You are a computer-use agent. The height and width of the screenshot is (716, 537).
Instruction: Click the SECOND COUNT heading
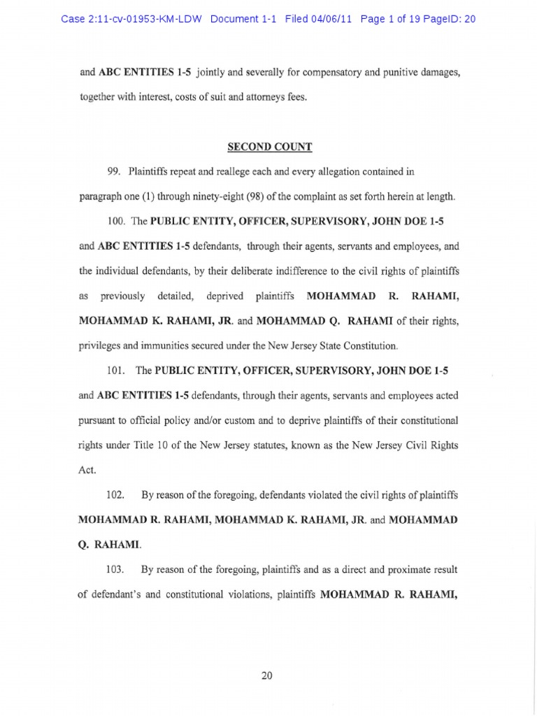[268, 148]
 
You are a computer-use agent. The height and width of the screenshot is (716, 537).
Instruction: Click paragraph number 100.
[116, 221]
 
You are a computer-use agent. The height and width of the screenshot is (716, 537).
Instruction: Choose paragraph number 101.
[116, 368]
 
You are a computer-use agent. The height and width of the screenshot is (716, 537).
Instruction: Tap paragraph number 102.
[116, 495]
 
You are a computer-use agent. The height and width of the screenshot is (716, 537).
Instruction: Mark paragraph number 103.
[116, 570]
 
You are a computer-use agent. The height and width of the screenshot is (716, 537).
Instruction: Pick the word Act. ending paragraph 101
[87, 471]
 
